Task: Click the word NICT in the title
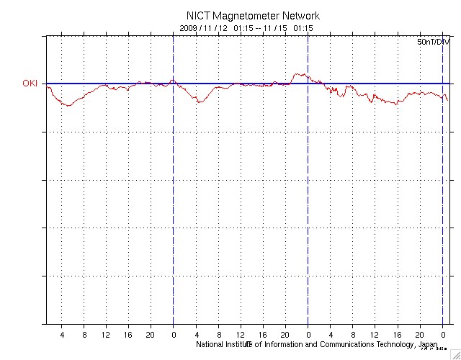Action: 198,16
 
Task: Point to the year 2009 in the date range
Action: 188,28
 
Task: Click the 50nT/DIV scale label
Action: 432,42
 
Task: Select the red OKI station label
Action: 30,84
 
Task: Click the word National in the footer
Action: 212,345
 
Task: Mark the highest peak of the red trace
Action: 300,73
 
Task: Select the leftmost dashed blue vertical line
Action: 173,180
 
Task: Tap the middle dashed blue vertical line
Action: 308,180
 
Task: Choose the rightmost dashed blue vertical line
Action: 442,180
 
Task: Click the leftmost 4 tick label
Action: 62,335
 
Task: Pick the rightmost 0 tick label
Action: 442,335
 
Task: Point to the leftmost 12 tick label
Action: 106,335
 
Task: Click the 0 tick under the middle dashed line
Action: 308,335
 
